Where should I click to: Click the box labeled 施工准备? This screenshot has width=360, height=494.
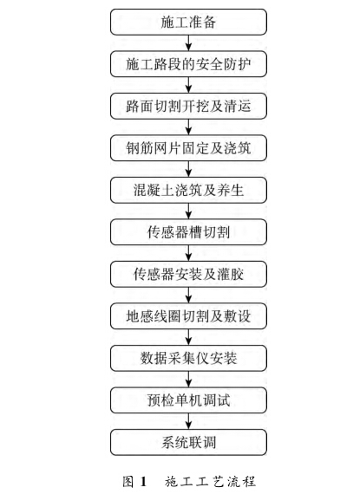(188, 22)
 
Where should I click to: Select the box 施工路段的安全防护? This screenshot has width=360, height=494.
(188, 64)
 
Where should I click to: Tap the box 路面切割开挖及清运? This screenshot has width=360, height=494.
(188, 107)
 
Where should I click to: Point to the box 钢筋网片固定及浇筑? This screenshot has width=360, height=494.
(188, 148)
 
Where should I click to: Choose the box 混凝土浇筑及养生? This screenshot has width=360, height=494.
(188, 190)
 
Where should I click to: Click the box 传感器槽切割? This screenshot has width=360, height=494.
(188, 232)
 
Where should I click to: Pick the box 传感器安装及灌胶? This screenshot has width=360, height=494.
(188, 274)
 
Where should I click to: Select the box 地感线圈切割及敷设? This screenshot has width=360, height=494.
(188, 316)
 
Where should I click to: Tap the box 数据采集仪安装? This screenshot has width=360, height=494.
(188, 358)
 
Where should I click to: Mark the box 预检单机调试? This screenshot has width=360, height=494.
(188, 400)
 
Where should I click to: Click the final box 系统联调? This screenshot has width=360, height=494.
(188, 442)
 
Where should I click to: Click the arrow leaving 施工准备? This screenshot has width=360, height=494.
(188, 42)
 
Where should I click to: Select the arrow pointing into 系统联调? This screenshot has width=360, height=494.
(188, 421)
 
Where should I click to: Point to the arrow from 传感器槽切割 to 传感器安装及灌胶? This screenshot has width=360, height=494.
(188, 253)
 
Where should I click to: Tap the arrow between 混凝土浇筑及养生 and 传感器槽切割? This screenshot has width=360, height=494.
(188, 211)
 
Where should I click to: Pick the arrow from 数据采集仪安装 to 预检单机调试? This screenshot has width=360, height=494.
(188, 379)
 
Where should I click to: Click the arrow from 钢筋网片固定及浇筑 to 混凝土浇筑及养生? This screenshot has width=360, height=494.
(188, 169)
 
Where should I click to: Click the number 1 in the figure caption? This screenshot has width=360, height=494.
(143, 482)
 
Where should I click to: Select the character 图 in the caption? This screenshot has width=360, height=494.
(128, 482)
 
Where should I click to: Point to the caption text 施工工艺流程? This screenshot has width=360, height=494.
(210, 482)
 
